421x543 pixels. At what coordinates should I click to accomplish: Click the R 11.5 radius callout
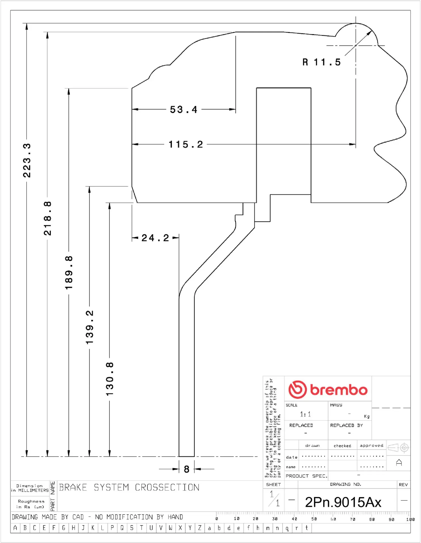point(322,62)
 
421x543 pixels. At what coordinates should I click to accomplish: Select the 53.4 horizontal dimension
point(184,109)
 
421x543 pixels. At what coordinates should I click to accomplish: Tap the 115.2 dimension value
point(186,145)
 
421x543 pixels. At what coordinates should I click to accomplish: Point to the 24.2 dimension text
point(155,238)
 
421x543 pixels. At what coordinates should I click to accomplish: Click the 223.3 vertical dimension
point(27,160)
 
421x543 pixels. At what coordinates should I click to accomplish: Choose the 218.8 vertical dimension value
point(48,218)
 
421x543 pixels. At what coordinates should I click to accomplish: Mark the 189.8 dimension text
point(69,273)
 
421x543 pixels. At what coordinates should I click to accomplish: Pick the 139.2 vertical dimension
point(90,327)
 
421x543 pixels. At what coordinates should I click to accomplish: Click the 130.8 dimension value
point(110,379)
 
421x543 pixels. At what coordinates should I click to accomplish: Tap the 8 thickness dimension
point(186,469)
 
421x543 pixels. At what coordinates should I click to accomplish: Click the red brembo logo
point(328,389)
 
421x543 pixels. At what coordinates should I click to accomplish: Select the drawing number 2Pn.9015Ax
point(343,502)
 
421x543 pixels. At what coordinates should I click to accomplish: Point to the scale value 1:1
point(305,414)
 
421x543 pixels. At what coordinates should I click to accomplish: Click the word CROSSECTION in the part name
point(167,488)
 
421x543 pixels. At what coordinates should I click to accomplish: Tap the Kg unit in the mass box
point(367,416)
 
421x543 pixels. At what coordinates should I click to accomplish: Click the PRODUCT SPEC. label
point(306,476)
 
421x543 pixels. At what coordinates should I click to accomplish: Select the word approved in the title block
point(371,445)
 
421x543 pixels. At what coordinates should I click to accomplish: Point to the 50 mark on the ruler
point(314,519)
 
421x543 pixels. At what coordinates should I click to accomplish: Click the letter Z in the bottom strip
point(200,528)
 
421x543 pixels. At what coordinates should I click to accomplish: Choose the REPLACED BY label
point(346,425)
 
